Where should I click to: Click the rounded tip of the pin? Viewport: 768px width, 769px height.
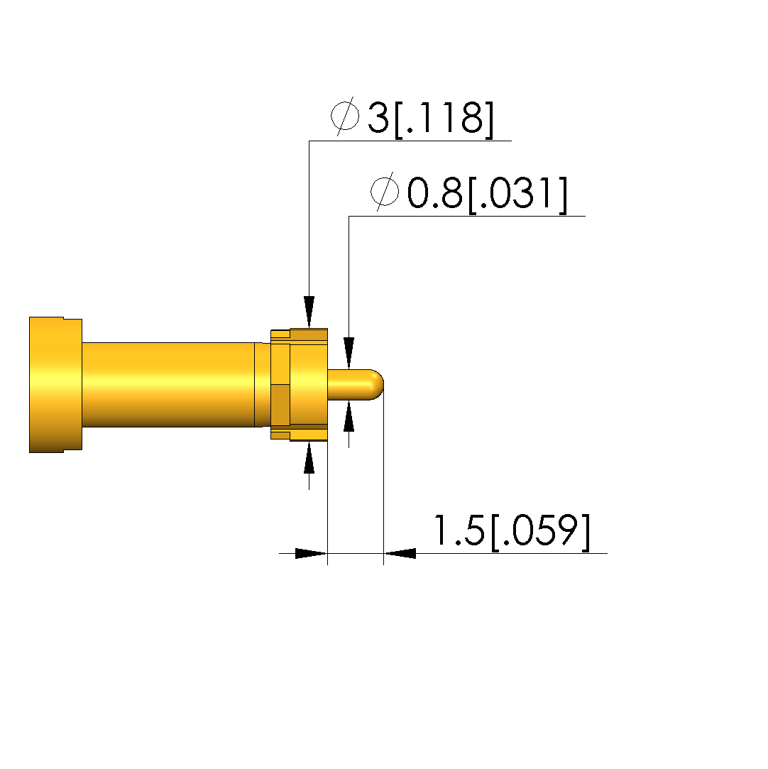[x=378, y=385]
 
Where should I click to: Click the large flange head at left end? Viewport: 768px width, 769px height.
[x=55, y=385]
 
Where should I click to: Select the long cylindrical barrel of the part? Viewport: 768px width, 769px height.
[x=168, y=385]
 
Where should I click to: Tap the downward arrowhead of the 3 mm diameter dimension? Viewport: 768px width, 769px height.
[x=309, y=312]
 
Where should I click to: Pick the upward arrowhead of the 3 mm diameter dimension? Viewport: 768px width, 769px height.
[x=309, y=457]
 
